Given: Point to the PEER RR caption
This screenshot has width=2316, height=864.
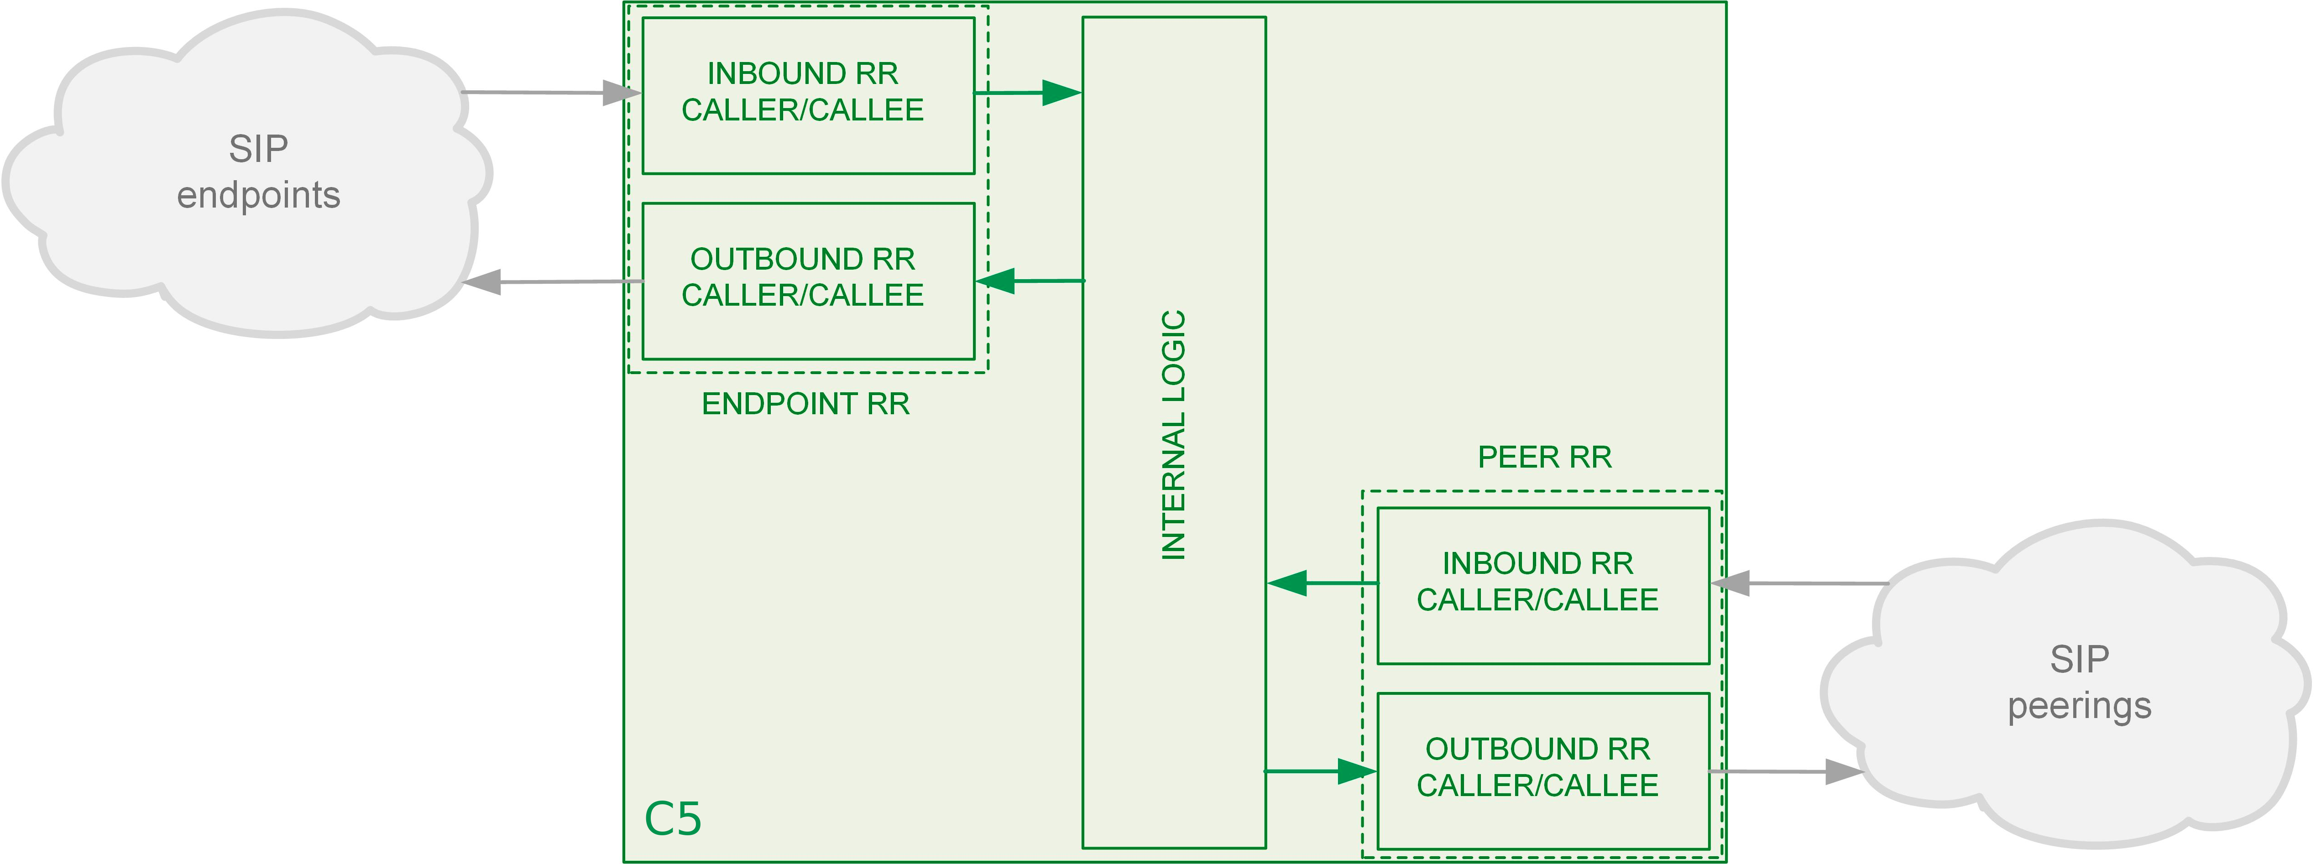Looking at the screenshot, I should (x=1545, y=457).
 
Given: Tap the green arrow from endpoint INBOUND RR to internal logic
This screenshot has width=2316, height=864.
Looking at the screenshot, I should (x=1028, y=93).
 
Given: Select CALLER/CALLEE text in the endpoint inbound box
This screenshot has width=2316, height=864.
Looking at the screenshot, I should (x=802, y=109).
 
